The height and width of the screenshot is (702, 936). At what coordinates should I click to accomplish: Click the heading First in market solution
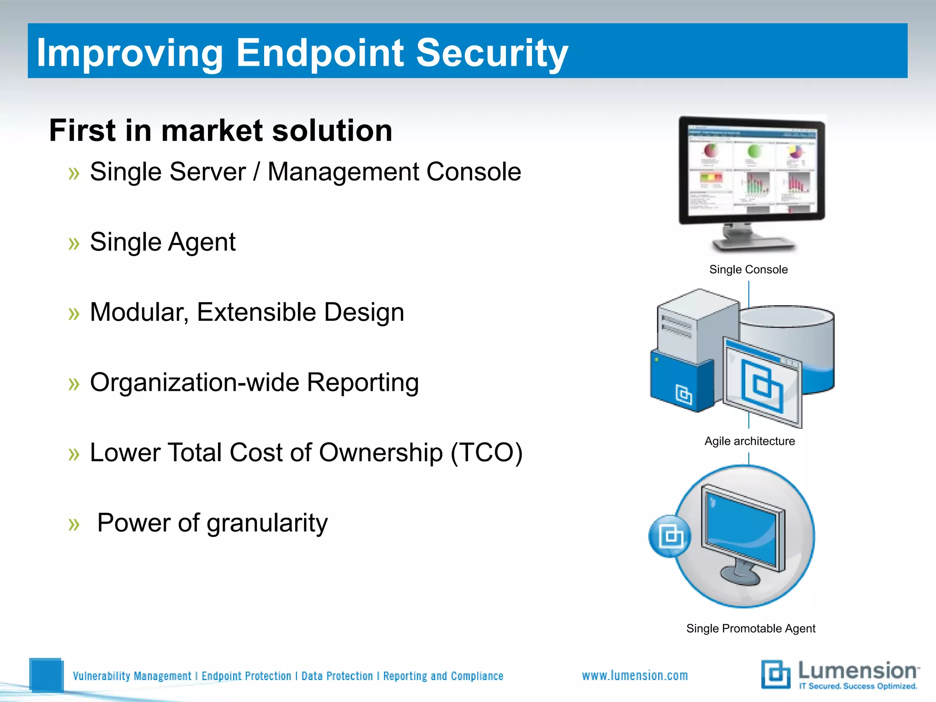pyautogui.click(x=221, y=131)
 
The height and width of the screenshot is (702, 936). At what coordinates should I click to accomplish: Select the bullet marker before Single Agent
pyautogui.click(x=74, y=244)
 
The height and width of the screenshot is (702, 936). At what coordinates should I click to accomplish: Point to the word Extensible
pyautogui.click(x=256, y=313)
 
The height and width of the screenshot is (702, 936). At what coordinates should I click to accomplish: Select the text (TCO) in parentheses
pyautogui.click(x=486, y=453)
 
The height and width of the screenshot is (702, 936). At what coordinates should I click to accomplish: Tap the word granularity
pyautogui.click(x=267, y=523)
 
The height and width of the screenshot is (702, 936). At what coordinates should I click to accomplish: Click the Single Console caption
pyautogui.click(x=748, y=270)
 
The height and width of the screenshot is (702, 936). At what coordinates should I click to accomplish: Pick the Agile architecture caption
pyautogui.click(x=750, y=441)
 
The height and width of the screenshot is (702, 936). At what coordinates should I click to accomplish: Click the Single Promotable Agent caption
pyautogui.click(x=750, y=629)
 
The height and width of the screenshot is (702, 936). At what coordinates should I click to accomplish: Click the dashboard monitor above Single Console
pyautogui.click(x=752, y=171)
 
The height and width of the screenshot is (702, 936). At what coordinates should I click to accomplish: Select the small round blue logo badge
pyautogui.click(x=670, y=536)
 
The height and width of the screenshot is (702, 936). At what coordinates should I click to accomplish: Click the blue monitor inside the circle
pyautogui.click(x=743, y=530)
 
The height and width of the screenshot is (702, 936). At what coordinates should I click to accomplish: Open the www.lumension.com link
pyautogui.click(x=635, y=676)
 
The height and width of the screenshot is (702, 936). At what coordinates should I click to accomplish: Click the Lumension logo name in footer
pyautogui.click(x=857, y=671)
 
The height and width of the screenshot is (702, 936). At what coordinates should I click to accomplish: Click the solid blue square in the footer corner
pyautogui.click(x=46, y=675)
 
